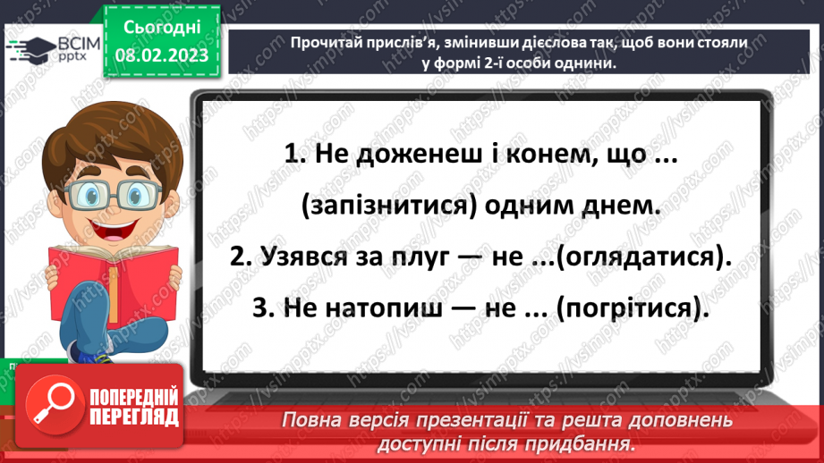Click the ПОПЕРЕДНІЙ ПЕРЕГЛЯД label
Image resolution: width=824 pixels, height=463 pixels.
132,407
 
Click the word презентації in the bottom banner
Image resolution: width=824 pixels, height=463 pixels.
456,419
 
